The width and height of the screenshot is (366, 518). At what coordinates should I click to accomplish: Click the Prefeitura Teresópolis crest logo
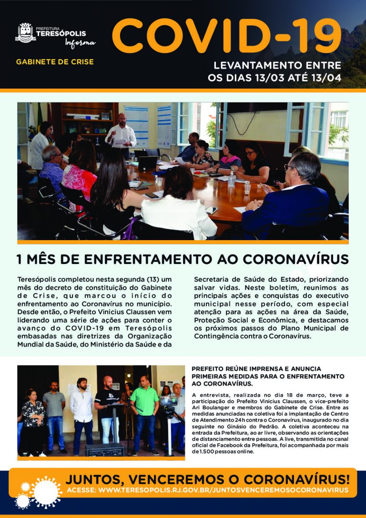[x=26, y=33]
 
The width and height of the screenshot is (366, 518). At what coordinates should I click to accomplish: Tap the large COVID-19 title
[x=226, y=38]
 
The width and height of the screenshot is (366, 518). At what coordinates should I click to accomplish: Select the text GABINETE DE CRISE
[x=55, y=62]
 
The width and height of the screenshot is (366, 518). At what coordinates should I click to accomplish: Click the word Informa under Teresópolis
[x=80, y=43]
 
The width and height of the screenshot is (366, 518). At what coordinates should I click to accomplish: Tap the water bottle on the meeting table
[x=232, y=180]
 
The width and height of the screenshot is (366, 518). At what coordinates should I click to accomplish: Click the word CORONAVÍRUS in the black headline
[x=295, y=260]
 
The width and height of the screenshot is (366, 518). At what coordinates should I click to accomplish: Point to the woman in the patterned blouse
[x=33, y=419]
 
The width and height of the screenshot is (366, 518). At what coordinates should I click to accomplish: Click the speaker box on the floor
[x=105, y=449]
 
